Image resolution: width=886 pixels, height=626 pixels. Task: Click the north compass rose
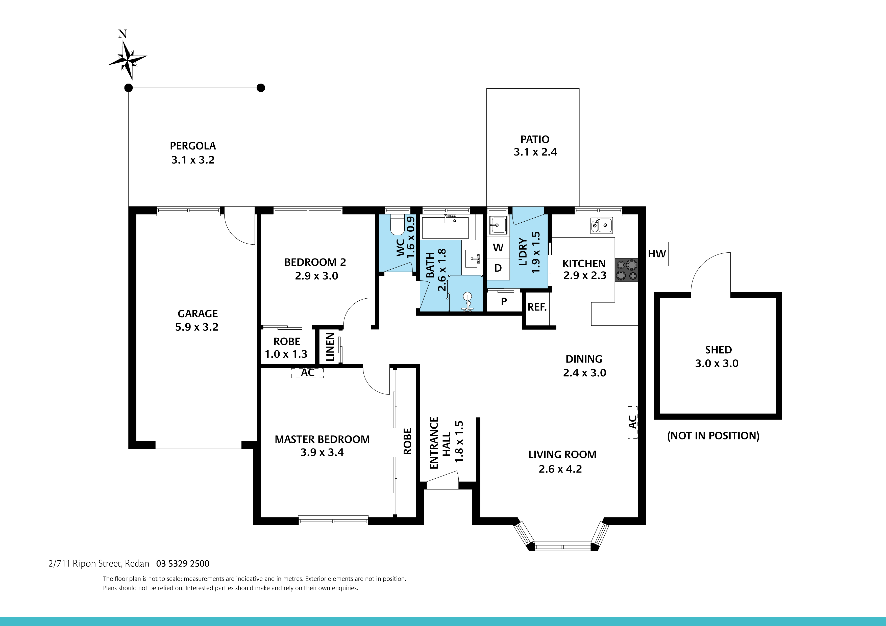point(127,60)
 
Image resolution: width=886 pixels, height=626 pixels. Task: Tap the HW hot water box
point(657,254)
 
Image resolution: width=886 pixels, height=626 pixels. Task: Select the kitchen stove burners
point(626,270)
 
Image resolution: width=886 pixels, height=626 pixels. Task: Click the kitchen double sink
point(601,225)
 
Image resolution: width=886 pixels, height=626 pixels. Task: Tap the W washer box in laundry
point(498,248)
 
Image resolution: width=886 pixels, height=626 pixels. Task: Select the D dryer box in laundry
point(498,268)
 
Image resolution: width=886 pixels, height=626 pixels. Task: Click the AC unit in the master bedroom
point(307,373)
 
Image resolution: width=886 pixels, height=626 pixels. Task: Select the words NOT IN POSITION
point(713,436)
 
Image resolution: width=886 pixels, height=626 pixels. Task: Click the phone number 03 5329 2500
point(183,563)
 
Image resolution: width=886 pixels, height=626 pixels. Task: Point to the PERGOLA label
point(193,146)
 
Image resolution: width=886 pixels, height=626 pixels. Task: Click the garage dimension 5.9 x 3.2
point(197,327)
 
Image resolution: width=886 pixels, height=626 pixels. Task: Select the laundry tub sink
point(498,225)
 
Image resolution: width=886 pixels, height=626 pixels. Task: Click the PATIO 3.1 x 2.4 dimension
point(535,152)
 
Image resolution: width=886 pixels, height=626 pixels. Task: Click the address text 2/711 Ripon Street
point(86,563)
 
